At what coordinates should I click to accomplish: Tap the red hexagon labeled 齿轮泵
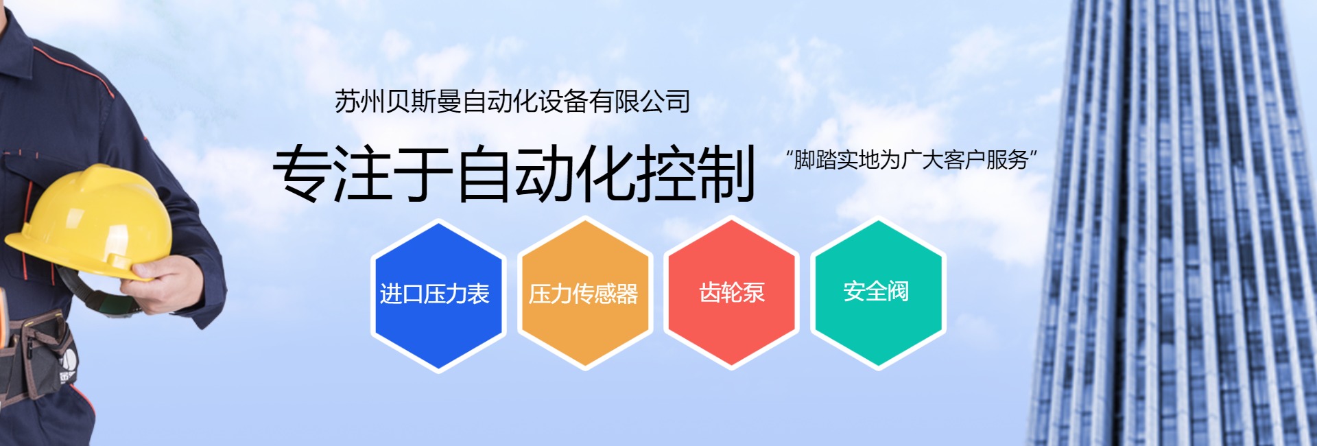(731, 293)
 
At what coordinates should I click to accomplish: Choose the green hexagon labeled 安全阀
(878, 293)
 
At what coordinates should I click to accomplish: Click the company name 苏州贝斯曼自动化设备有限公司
(512, 102)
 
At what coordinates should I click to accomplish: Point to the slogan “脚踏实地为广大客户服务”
(912, 160)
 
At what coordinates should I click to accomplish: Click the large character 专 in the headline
(302, 173)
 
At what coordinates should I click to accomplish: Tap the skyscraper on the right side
(1173, 223)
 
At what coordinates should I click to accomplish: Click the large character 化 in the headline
(605, 173)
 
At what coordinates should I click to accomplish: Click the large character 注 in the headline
(363, 173)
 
